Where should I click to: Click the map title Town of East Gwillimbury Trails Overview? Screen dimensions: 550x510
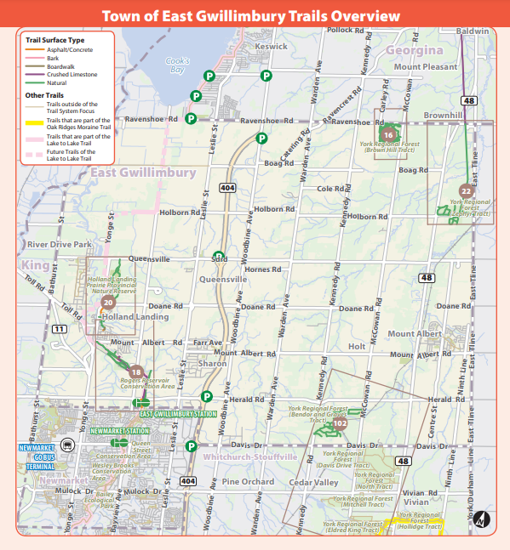coord(250,16)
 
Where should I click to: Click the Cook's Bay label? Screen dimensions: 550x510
coord(176,65)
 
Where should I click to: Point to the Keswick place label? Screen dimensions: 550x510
coord(272,46)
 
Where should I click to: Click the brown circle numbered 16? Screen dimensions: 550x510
coord(388,135)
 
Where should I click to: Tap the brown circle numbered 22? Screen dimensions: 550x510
coord(465,191)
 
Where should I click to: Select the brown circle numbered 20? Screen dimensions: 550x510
coord(108,301)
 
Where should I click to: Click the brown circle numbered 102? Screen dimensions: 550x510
coord(340,422)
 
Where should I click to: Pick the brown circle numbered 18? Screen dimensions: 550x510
coord(135,371)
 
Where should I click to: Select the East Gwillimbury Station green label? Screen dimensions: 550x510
coord(178,414)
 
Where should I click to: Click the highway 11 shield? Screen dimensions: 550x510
coord(59,329)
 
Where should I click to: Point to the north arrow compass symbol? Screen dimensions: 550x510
coord(482,517)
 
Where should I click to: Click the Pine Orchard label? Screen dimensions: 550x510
coord(248,481)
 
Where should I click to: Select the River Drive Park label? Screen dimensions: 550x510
coord(59,244)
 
